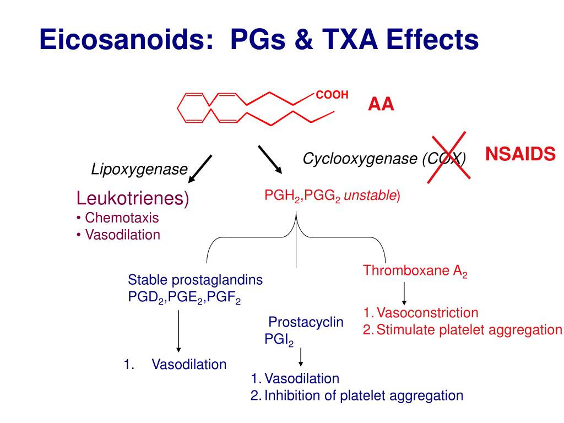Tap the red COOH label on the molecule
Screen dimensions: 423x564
332,95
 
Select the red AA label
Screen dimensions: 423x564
381,105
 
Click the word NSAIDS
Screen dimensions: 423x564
520,155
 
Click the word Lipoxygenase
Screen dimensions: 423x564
139,170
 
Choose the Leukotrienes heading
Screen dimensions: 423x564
132,198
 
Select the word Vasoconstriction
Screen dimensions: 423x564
427,313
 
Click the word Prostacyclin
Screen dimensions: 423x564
306,322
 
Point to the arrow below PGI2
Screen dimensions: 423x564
301,358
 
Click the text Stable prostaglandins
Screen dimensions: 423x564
196,280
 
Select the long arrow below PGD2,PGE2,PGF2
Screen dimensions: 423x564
178,330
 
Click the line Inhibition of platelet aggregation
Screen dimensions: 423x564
364,395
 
